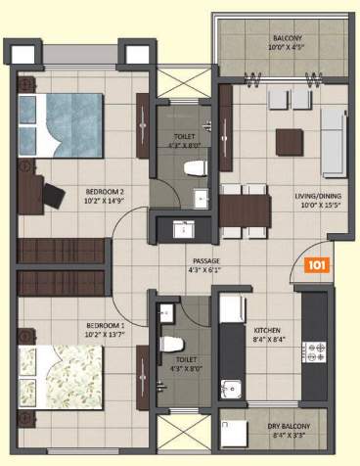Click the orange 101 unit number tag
316,264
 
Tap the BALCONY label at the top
288,39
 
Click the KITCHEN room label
268,330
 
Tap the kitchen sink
231,389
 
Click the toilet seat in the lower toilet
172,345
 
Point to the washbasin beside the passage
183,231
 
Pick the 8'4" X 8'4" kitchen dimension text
268,340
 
